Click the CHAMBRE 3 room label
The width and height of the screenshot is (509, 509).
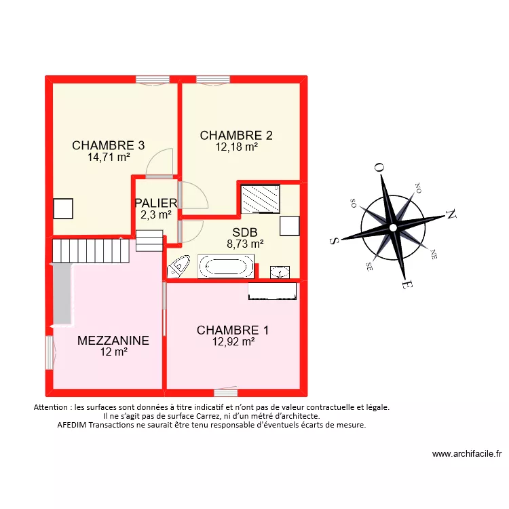(108, 145)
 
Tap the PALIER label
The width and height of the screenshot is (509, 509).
(155, 203)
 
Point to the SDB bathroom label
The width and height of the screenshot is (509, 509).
(244, 232)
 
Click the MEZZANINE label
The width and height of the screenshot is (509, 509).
(113, 341)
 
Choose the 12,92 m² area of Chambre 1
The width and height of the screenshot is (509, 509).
(233, 342)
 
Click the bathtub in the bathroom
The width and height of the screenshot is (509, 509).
(226, 266)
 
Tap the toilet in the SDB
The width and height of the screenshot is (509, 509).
(179, 266)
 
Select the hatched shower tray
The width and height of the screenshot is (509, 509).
(260, 199)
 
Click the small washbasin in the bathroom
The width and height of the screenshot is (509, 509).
(279, 272)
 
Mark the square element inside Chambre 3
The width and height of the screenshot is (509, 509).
(63, 208)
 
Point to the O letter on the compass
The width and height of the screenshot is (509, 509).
(379, 168)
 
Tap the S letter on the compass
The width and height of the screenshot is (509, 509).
(334, 240)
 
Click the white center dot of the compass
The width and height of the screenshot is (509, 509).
(392, 227)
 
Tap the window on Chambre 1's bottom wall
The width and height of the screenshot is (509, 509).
(225, 392)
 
